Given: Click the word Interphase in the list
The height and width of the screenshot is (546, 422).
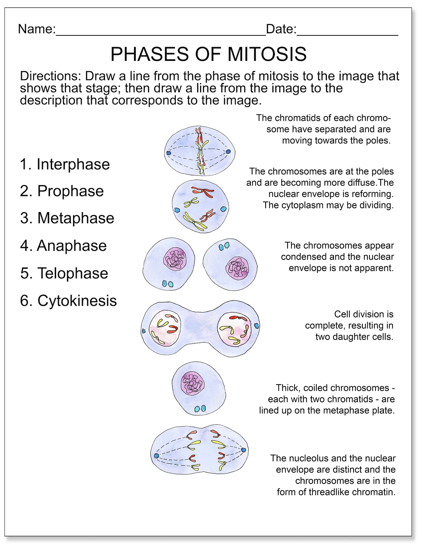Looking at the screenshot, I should pos(73,164).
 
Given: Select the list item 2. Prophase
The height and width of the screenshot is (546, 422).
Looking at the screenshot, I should pos(62,191).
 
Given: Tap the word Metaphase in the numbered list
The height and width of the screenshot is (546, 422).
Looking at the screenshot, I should pos(76,218).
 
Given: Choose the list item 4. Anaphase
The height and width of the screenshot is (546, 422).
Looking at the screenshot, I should pos(63,246).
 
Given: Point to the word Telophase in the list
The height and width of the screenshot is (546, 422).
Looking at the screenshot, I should pos(73,273).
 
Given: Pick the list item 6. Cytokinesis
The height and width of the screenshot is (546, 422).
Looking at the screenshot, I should pos(68,301).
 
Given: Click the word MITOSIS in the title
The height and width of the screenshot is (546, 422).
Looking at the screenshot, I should pos(267,54).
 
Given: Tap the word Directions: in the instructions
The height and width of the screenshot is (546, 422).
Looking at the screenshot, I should pos(50,76).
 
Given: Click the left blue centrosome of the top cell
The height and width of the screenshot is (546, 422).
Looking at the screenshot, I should pos(168,153).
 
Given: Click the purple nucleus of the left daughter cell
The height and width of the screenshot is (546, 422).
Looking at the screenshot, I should pos(175,259).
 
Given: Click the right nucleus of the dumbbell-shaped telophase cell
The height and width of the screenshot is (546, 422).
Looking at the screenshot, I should pos(234,329).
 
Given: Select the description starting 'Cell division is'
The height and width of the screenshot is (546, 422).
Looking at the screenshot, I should pos(349,326).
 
